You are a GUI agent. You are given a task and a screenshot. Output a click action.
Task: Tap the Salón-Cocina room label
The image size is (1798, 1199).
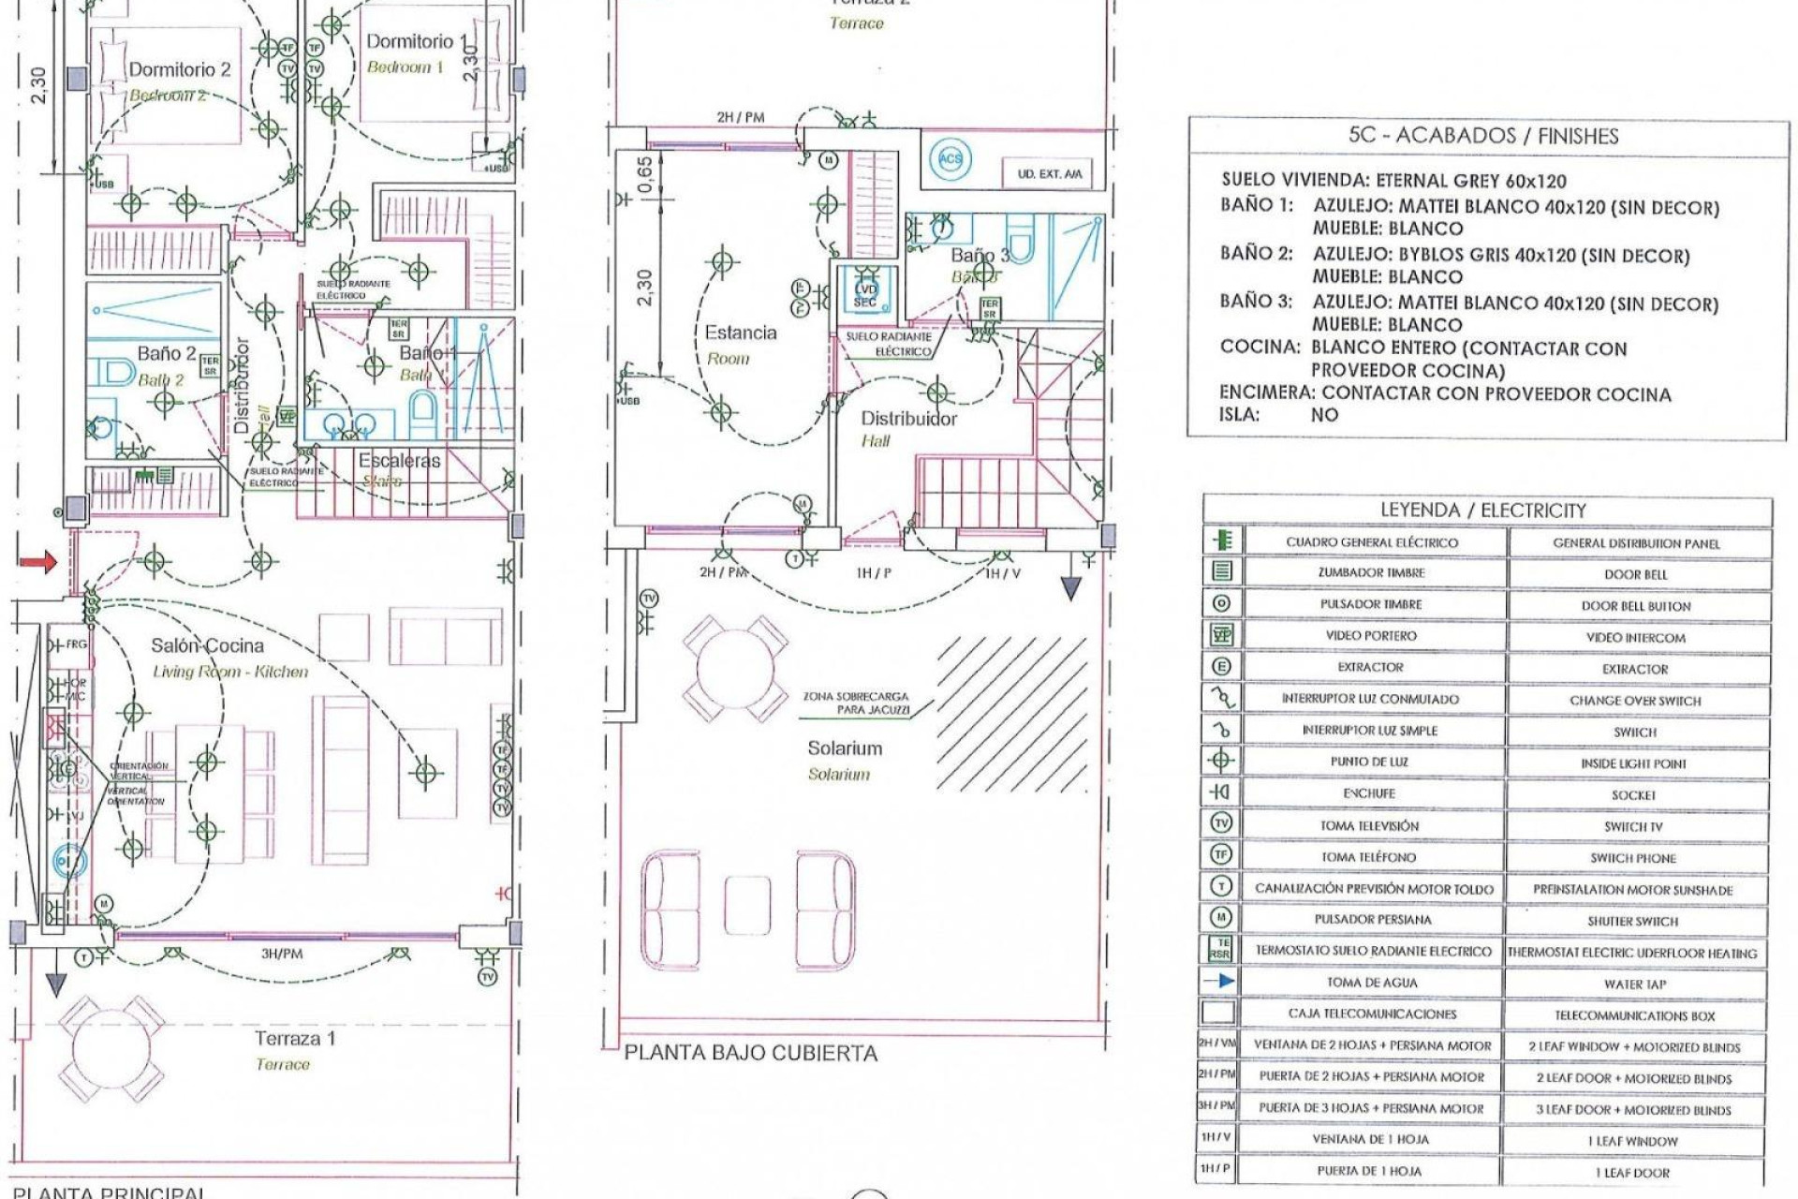pyautogui.click(x=208, y=645)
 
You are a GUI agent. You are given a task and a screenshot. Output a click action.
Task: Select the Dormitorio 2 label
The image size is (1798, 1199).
pyautogui.click(x=179, y=69)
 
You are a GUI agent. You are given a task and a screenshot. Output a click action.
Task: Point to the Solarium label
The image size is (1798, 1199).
pyautogui.click(x=845, y=748)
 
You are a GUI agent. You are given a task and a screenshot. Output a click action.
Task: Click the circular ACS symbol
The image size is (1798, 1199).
pyautogui.click(x=951, y=158)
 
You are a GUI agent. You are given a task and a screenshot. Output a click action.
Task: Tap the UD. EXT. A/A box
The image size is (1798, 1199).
pyautogui.click(x=1049, y=174)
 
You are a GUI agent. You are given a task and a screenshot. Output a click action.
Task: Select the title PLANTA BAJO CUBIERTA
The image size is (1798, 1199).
pyautogui.click(x=750, y=1053)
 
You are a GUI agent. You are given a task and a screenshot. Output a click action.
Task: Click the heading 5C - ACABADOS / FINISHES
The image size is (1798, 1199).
pyautogui.click(x=1482, y=136)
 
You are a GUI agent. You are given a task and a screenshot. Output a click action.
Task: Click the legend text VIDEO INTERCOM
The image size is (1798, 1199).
pyautogui.click(x=1635, y=637)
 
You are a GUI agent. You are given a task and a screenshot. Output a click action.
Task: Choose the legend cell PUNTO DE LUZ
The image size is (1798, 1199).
pyautogui.click(x=1369, y=762)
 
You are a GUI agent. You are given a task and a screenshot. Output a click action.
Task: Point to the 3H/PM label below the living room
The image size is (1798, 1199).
pyautogui.click(x=281, y=954)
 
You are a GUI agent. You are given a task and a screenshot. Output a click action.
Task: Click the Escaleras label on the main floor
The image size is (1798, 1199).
pyautogui.click(x=399, y=461)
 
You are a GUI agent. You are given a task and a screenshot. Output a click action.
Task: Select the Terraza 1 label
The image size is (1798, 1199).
pyautogui.click(x=295, y=1039)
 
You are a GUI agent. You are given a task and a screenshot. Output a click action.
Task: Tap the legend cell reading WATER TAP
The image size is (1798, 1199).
pyautogui.click(x=1635, y=984)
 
